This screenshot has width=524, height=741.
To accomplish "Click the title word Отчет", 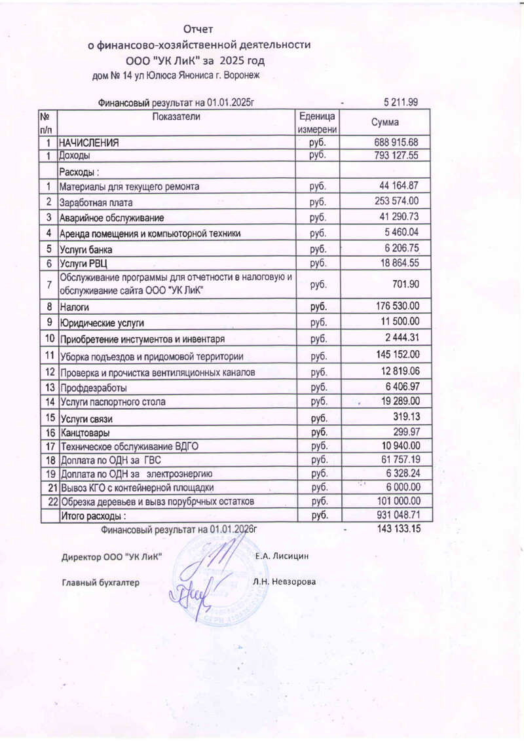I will (199, 29).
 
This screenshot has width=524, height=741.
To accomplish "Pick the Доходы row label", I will (75, 156).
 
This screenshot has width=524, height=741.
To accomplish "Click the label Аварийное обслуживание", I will (111, 217).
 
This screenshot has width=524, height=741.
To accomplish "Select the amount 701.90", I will (405, 284).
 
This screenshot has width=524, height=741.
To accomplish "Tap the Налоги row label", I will (74, 306).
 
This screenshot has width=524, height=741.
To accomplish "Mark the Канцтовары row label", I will (84, 433).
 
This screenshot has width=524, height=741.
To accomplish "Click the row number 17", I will (49, 446).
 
